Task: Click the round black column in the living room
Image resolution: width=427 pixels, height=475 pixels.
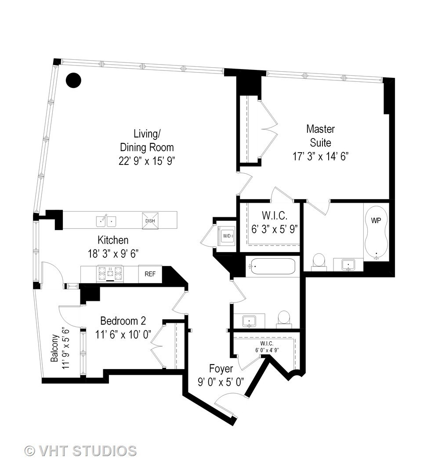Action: click(x=73, y=80)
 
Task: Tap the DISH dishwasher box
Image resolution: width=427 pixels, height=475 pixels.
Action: click(x=150, y=220)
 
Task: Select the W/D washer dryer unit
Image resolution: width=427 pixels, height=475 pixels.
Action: click(x=227, y=235)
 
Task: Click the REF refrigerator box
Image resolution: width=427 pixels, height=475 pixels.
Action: click(x=150, y=274)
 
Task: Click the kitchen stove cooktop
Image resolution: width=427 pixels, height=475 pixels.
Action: click(x=110, y=274)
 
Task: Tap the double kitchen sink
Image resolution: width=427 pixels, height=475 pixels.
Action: click(x=106, y=221)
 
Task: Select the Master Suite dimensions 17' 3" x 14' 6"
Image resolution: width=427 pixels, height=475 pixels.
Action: click(x=321, y=156)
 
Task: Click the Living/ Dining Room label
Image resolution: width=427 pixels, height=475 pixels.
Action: click(x=147, y=141)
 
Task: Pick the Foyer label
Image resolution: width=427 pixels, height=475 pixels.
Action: click(x=221, y=369)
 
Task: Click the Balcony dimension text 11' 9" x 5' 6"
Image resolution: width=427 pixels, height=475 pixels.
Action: click(x=65, y=348)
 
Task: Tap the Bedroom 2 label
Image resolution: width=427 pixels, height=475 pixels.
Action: click(x=123, y=321)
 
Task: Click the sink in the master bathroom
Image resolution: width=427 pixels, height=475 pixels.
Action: click(x=348, y=264)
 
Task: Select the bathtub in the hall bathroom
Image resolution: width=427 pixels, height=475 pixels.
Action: click(x=272, y=266)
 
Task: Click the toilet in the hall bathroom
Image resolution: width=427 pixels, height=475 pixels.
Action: click(x=284, y=319)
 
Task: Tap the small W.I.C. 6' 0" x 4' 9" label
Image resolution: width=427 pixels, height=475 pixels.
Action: click(x=267, y=347)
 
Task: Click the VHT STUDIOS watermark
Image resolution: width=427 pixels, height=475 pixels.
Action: click(x=80, y=451)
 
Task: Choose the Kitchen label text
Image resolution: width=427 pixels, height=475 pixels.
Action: click(x=113, y=240)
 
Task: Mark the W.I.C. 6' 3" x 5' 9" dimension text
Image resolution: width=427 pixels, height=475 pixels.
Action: click(x=275, y=229)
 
